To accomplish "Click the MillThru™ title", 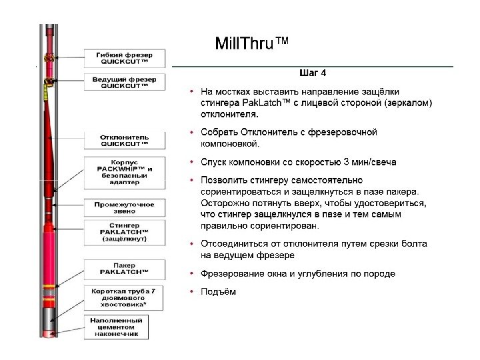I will click(252, 44).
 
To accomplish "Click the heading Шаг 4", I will click(311, 73).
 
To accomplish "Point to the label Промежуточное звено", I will click(124, 207).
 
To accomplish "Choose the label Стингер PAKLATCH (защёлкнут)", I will click(124, 234).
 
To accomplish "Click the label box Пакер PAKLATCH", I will click(124, 269).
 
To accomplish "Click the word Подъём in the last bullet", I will click(219, 291).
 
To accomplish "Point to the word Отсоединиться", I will click(231, 244).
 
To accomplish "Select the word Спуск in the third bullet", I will click(214, 162).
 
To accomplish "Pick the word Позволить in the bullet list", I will click(223, 180).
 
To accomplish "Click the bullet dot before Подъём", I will click(191, 291).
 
